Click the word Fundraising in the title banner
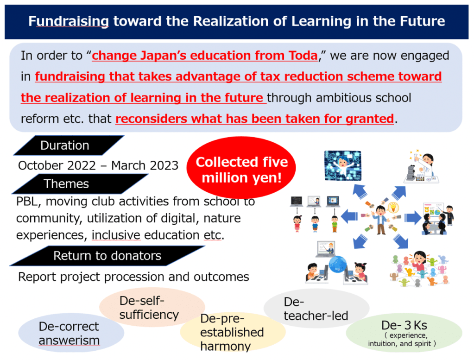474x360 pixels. click(69, 21)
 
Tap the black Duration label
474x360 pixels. click(69, 145)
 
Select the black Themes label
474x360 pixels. click(80, 184)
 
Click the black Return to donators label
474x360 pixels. click(107, 256)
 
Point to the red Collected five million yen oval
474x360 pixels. click(241, 169)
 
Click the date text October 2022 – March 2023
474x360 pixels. click(98, 165)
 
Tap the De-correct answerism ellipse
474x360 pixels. click(71, 333)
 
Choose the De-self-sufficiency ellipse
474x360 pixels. click(152, 307)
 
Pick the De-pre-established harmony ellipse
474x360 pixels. click(233, 332)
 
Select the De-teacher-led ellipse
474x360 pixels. click(316, 308)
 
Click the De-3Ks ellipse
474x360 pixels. click(404, 333)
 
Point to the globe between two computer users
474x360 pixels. click(338, 265)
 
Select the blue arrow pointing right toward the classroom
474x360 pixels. click(413, 218)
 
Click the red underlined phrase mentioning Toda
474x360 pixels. click(205, 56)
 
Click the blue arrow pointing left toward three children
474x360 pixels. click(349, 217)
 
